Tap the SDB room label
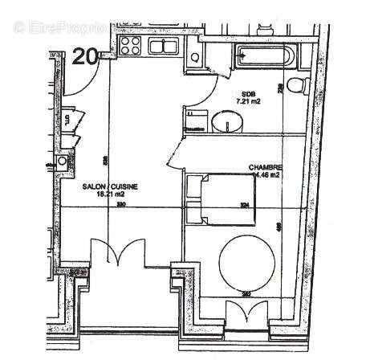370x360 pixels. coord(247,93)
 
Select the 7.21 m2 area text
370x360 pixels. coord(248,102)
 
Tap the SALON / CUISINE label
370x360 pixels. coord(110,186)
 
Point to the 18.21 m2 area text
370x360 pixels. coord(110,194)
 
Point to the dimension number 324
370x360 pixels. coord(245,206)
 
